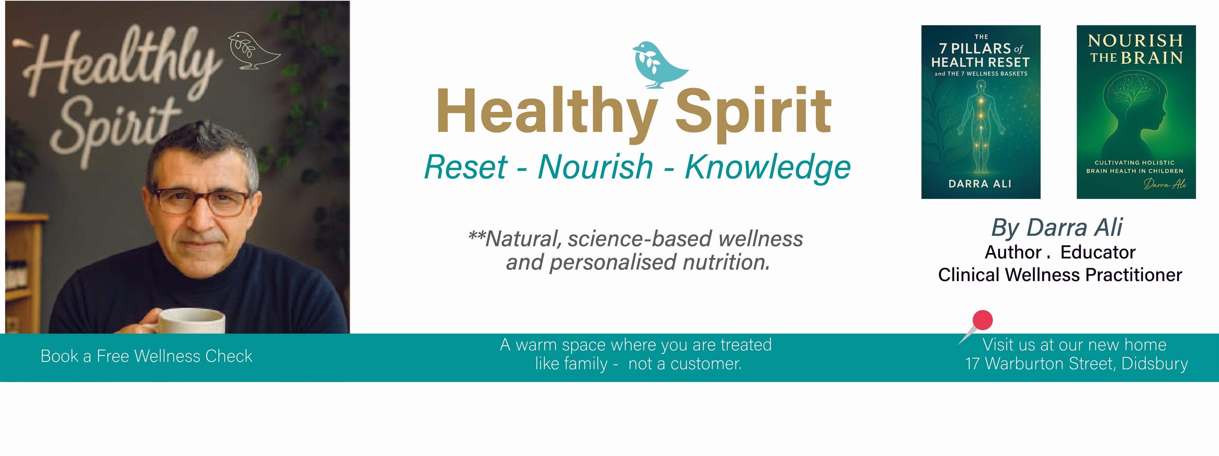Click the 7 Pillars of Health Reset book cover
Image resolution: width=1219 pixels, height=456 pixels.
tap(981, 112)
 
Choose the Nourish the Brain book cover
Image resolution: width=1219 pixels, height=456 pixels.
tap(1136, 112)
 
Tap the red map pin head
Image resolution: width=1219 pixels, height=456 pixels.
tap(983, 320)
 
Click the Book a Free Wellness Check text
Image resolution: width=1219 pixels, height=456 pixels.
tap(147, 356)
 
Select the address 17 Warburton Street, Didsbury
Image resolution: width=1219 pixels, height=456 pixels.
tap(1076, 364)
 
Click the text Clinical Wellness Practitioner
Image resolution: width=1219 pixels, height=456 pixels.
tap(1060, 275)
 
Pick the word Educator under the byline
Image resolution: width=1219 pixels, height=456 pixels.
tap(1098, 252)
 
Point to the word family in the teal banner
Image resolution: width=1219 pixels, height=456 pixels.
tap(583, 364)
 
